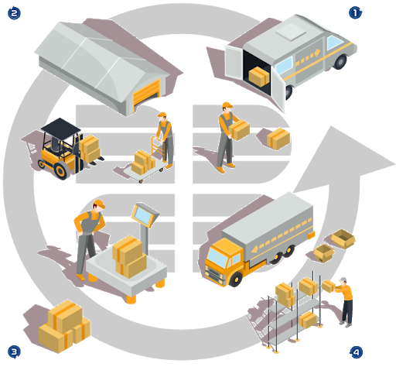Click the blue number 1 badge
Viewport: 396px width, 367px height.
[355, 12]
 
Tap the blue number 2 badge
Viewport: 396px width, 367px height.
[14, 13]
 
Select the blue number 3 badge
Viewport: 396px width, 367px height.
[14, 352]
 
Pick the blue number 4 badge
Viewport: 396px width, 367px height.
[357, 352]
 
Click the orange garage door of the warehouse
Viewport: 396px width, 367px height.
[146, 93]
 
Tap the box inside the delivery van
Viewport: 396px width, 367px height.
[259, 76]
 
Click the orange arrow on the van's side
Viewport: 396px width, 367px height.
[308, 57]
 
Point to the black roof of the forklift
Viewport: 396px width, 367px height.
[61, 127]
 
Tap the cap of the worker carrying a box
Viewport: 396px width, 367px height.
[227, 105]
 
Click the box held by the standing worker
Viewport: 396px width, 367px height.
[240, 129]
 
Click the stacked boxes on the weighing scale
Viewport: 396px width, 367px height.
[130, 257]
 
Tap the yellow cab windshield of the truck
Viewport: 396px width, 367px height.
[218, 256]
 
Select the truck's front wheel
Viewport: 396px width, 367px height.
[235, 279]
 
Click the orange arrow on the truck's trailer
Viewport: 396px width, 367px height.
[281, 235]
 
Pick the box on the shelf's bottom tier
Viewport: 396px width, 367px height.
[308, 320]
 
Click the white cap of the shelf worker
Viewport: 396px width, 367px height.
[343, 280]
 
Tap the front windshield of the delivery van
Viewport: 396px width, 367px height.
[334, 42]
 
